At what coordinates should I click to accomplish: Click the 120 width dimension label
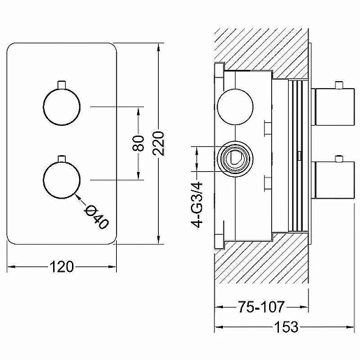click(62, 267)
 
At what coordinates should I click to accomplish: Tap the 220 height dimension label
click(159, 143)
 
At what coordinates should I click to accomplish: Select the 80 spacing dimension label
click(138, 143)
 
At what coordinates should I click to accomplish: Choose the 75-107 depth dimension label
click(261, 307)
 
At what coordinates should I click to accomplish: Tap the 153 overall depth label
click(287, 327)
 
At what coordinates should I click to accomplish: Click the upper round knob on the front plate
click(62, 107)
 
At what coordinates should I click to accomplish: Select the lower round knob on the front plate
click(62, 180)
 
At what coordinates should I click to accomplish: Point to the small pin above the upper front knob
click(62, 85)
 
